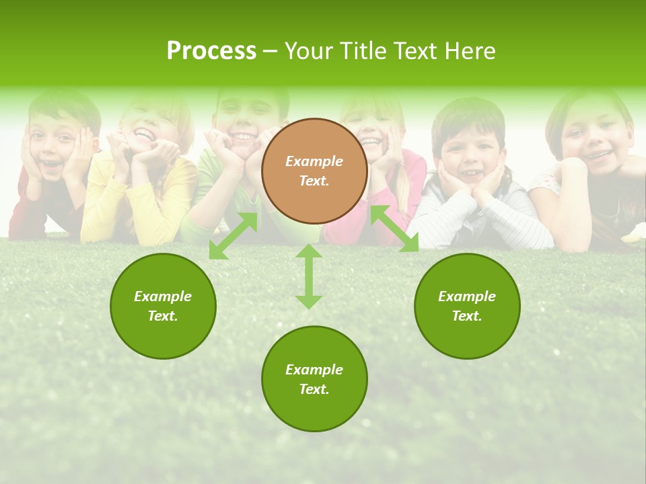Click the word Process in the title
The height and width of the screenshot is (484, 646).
211,51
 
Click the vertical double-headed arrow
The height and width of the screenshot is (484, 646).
309,276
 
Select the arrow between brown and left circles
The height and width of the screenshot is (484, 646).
233,236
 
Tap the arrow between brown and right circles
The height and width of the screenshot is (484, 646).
394,229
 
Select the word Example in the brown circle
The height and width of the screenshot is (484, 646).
314,161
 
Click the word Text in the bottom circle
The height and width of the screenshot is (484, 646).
314,389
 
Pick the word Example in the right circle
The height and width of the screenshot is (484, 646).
467,296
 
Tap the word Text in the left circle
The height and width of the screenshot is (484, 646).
162,316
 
